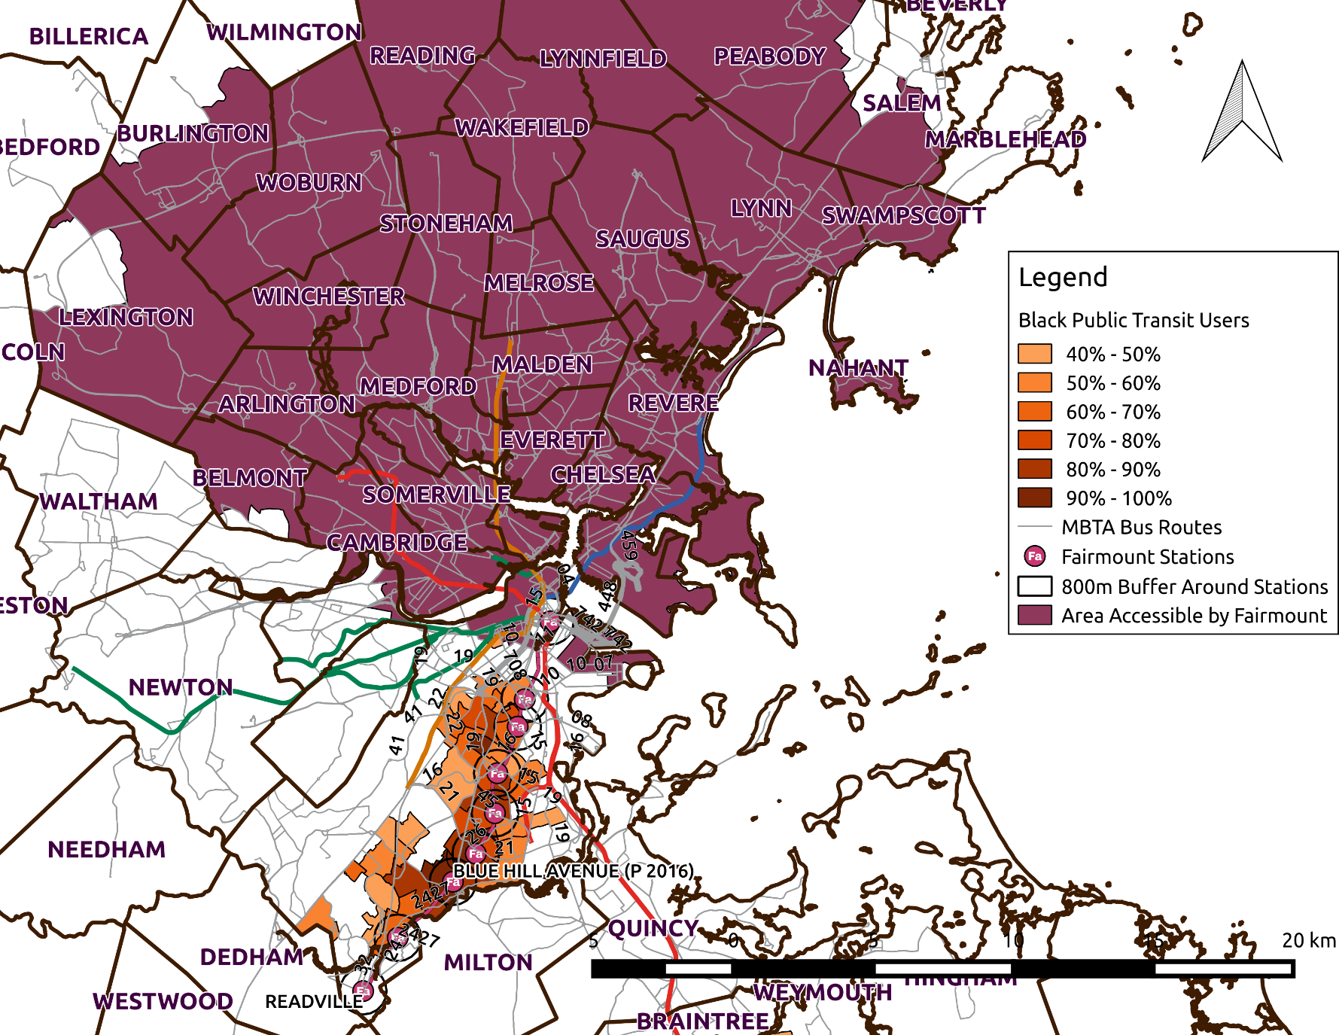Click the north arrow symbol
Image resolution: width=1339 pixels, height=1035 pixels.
(1242, 113)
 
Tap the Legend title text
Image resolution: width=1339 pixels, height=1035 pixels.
(1062, 278)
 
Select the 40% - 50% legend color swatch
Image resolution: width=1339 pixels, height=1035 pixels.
(1034, 354)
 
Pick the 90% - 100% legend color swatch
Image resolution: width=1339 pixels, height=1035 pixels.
(1034, 498)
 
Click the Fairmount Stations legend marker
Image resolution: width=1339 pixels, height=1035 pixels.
(1035, 556)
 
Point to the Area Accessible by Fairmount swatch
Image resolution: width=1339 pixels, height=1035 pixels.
(1034, 615)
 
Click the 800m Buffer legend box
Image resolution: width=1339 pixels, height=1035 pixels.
(1034, 586)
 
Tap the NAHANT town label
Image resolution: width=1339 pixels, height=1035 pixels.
(858, 368)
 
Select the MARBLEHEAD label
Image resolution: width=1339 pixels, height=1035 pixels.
(1005, 139)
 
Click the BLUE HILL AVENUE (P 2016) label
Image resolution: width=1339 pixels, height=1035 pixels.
(573, 871)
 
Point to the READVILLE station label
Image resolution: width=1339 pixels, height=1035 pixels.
(313, 1001)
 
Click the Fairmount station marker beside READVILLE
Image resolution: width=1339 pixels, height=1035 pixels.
(363, 990)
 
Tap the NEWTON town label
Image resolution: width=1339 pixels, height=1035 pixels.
(181, 687)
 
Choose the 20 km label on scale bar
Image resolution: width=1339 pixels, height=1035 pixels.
(1308, 940)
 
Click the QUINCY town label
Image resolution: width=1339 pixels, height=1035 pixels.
(653, 928)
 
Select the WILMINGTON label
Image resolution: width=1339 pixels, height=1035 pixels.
(285, 32)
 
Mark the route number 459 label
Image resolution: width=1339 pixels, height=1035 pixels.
(629, 545)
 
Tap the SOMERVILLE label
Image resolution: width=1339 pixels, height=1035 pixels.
(437, 495)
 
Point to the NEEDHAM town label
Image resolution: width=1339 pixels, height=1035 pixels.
(106, 849)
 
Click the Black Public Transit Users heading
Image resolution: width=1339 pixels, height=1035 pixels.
(1133, 320)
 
